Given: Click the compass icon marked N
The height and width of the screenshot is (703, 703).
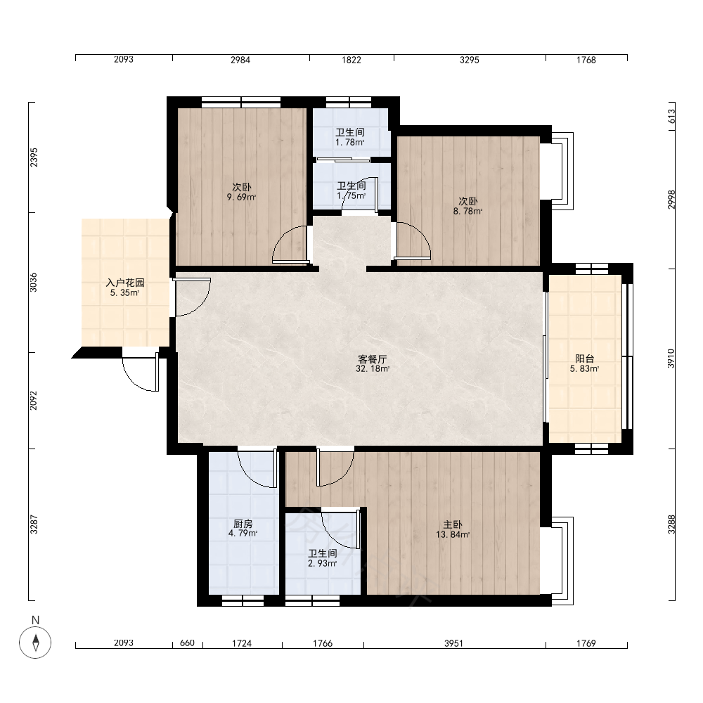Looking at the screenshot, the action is [x=35, y=642].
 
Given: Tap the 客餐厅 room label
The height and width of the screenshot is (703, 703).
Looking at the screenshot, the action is [x=372, y=359].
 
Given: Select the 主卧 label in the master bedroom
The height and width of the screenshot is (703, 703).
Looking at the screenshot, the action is [x=452, y=524].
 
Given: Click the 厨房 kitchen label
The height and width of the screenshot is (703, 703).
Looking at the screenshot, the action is [x=243, y=524].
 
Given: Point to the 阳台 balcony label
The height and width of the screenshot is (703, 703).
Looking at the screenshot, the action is [x=585, y=359].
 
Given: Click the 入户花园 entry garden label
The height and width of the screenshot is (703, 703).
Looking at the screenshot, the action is [x=125, y=283].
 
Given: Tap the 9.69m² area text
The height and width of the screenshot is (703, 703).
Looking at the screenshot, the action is [x=241, y=197].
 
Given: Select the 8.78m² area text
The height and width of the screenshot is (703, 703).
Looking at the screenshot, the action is [x=467, y=211].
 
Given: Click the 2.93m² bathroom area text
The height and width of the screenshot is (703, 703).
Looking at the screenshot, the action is [x=323, y=563].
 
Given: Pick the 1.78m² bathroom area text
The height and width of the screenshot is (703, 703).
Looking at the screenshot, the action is [x=349, y=143].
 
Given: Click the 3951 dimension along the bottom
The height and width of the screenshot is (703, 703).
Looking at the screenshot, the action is [x=453, y=643].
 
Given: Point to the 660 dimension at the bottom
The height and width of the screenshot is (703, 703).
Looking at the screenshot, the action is [x=187, y=643].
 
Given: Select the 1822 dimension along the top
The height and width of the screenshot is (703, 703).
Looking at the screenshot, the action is [x=351, y=60].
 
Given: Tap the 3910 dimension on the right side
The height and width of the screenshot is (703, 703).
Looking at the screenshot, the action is [x=671, y=359].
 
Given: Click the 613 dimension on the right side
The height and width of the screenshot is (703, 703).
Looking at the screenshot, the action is [x=671, y=117].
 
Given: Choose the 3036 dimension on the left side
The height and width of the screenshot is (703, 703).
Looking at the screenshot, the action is [x=34, y=283].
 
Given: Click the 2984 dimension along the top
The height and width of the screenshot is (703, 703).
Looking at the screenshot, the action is [x=240, y=60].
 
